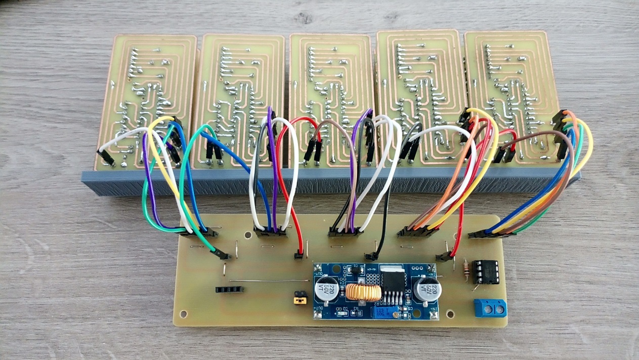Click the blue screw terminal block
point(490,307)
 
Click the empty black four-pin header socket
point(229,290)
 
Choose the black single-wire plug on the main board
point(372,257)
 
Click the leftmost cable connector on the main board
point(198,232)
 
